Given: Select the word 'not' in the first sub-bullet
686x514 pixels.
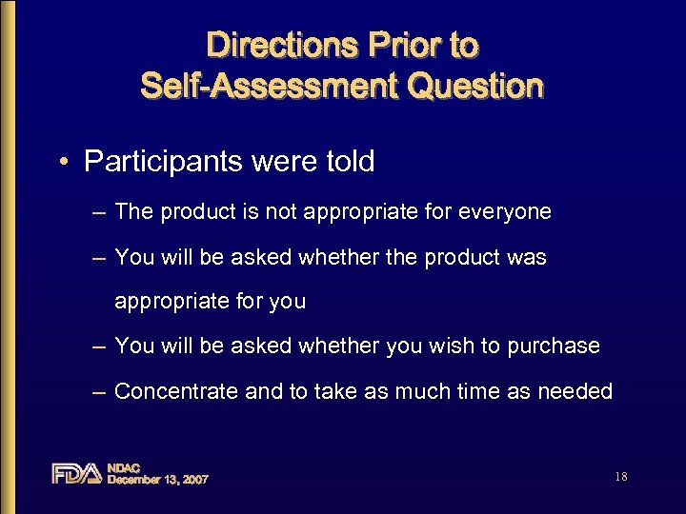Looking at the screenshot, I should coord(281,212).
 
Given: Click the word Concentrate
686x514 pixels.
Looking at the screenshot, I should coord(177,391).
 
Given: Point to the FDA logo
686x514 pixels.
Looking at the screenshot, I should coord(76,473).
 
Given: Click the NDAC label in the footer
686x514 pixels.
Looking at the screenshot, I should coord(124,467).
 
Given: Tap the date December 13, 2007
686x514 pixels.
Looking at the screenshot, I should coord(157,480).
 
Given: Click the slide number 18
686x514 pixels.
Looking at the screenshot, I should coord(621,477).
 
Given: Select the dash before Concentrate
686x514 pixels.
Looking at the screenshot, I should coord(99,391).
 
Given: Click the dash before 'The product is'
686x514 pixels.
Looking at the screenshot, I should coord(99,212).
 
